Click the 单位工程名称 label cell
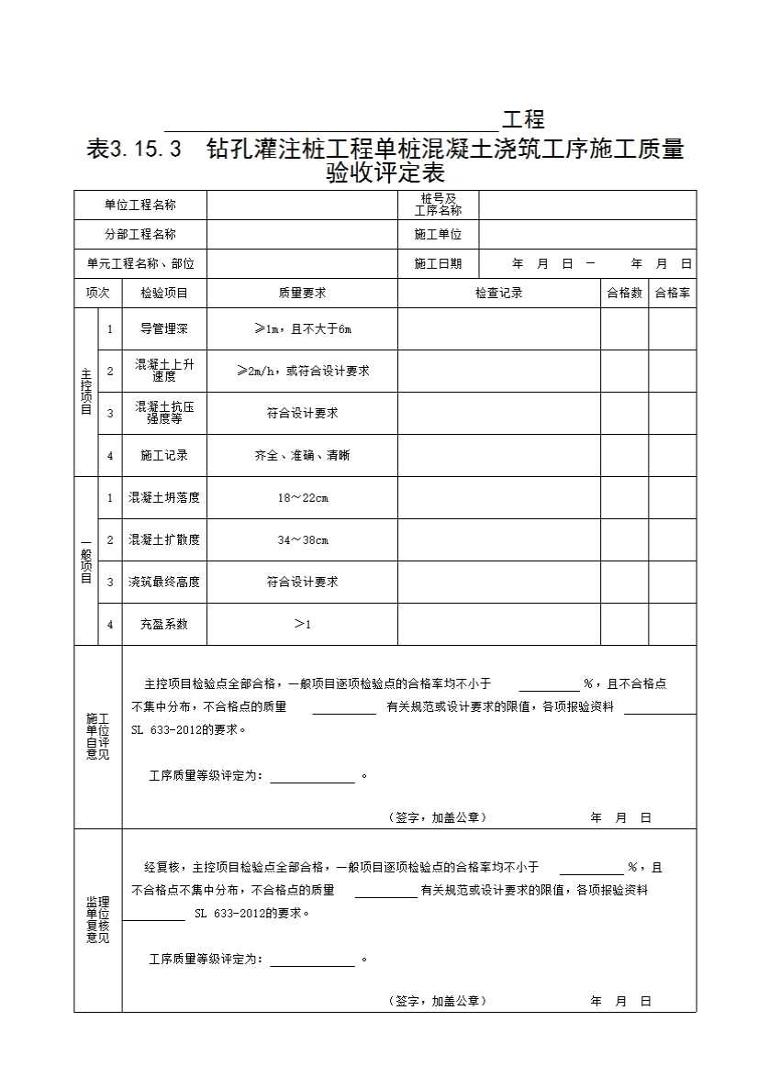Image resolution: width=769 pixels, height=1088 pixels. point(139,205)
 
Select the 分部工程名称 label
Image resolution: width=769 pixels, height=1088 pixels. point(139,234)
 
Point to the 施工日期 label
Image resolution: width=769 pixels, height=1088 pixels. point(438,263)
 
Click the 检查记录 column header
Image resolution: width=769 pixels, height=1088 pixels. point(498,293)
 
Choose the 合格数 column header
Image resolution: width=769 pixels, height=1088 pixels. point(624,293)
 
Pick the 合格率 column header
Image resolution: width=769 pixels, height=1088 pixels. point(672,293)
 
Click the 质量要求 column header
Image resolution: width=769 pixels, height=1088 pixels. point(302,293)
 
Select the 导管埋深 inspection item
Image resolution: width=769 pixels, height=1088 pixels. point(164,328)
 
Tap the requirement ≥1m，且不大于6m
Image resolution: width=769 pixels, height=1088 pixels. point(302,328)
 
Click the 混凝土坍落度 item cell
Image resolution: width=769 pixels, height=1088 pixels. point(164,497)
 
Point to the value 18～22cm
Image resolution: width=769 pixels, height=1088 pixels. point(302,497)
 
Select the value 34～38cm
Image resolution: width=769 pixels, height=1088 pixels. point(302,539)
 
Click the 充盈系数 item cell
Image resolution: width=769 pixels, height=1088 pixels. point(164,624)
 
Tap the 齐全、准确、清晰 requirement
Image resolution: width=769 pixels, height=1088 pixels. point(302,455)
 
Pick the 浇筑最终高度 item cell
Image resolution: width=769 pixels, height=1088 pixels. point(164,582)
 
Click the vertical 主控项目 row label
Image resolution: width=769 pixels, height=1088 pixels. point(85,392)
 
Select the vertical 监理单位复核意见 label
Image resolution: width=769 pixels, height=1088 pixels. point(97,920)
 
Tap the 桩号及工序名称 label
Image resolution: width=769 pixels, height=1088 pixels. point(438,205)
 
